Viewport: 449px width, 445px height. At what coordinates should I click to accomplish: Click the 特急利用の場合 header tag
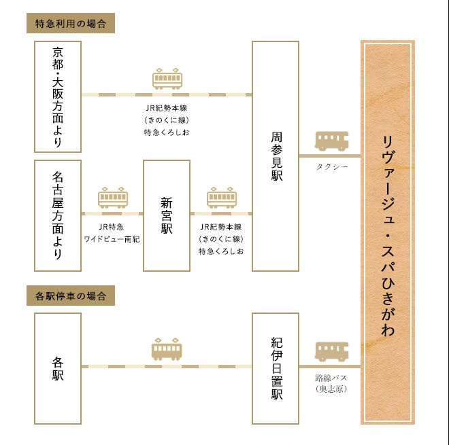tap(71, 23)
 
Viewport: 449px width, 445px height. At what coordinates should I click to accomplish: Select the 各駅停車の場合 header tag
tap(71, 296)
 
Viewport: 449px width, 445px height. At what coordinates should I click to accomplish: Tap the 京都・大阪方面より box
tap(58, 96)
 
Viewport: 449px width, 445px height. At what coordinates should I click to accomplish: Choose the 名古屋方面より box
tap(58, 215)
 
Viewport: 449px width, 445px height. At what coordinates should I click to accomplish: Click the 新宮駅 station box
tap(167, 215)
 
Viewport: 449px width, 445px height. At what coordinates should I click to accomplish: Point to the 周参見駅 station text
tap(277, 156)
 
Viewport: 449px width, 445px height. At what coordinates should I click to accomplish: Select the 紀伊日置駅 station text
tap(277, 368)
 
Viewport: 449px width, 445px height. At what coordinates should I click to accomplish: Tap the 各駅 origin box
tap(58, 368)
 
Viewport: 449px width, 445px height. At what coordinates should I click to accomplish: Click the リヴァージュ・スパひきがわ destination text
tap(388, 235)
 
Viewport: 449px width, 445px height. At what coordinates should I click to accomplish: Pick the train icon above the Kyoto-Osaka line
tap(167, 78)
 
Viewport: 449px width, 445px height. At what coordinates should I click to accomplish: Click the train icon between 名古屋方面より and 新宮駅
tap(113, 197)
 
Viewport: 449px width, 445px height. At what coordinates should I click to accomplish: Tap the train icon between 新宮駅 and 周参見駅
tap(222, 197)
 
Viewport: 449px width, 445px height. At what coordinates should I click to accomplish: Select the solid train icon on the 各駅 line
tap(167, 349)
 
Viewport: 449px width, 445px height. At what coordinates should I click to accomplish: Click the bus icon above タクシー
tap(331, 141)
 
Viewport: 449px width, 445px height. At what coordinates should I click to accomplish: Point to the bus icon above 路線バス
tap(331, 351)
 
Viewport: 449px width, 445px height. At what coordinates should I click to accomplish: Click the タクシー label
tap(332, 166)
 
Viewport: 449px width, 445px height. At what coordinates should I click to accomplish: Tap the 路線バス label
tap(331, 378)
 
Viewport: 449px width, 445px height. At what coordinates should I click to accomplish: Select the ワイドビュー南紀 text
tap(112, 239)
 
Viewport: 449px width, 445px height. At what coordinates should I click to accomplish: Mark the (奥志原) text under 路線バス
tap(331, 389)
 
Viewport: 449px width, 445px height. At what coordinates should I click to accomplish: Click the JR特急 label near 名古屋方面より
tap(112, 227)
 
